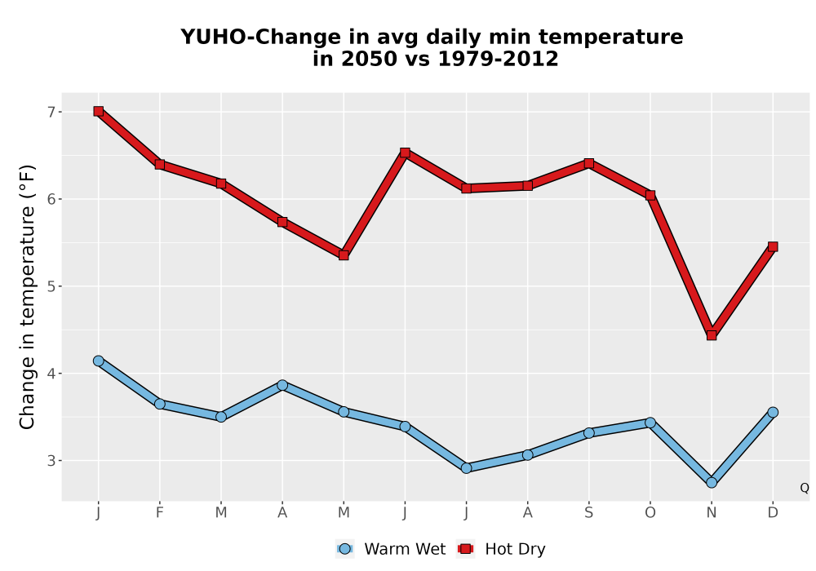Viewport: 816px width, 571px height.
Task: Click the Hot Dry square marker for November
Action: pos(712,335)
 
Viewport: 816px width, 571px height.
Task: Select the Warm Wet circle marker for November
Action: pos(712,483)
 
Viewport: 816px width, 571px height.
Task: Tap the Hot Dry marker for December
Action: pos(773,246)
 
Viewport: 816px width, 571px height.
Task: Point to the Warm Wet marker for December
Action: pos(773,413)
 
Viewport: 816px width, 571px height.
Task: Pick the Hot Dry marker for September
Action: pos(588,163)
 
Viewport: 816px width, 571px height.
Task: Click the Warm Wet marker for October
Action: pos(650,423)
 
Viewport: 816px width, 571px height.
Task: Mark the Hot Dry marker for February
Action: pos(160,164)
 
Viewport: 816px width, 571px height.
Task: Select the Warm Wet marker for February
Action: pos(160,404)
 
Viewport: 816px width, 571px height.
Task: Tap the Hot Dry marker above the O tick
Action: pos(650,195)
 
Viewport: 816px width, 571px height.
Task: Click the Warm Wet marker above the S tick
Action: pos(588,433)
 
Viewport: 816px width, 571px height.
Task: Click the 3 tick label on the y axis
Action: pos(51,461)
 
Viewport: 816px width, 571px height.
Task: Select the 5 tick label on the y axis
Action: pos(51,286)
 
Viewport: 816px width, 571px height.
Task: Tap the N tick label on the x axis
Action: pos(712,513)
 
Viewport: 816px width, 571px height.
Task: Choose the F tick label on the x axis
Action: pos(160,513)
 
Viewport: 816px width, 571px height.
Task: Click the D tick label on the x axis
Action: pos(773,513)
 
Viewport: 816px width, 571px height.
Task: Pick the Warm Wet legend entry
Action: pos(391,549)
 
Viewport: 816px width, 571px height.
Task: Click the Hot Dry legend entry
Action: pos(501,549)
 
